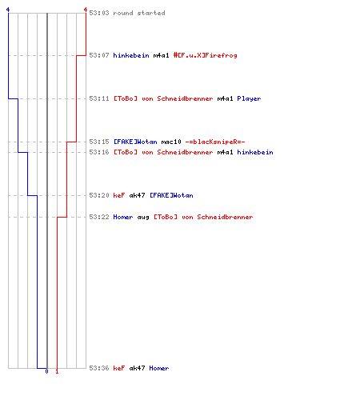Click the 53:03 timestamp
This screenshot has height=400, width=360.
coord(99,13)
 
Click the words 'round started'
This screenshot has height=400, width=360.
coord(139,13)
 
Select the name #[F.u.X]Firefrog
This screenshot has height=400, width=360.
coord(205,55)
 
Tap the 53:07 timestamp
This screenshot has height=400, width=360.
coord(99,55)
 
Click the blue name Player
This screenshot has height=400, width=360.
coord(249,98)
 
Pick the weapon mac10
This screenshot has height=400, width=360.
coord(171,142)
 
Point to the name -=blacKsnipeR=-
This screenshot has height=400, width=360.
coord(215,142)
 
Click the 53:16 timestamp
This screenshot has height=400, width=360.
coord(99,152)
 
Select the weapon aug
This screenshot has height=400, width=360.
coord(143,218)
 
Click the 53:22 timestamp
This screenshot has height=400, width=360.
coord(99,217)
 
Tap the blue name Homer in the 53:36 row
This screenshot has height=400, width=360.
coord(159,368)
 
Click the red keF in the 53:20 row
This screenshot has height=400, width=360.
coord(119,195)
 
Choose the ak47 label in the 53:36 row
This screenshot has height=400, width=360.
coord(137,368)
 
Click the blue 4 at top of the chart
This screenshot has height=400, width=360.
coord(8,10)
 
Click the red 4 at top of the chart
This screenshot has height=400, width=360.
coord(86,10)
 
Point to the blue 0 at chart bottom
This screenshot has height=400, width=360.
coord(46,371)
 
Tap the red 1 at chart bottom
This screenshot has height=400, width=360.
coord(57,371)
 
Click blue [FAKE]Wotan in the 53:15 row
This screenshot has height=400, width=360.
coord(135,142)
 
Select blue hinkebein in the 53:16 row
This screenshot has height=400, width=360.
coord(255,152)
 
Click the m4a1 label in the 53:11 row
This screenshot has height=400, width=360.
coord(225,98)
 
